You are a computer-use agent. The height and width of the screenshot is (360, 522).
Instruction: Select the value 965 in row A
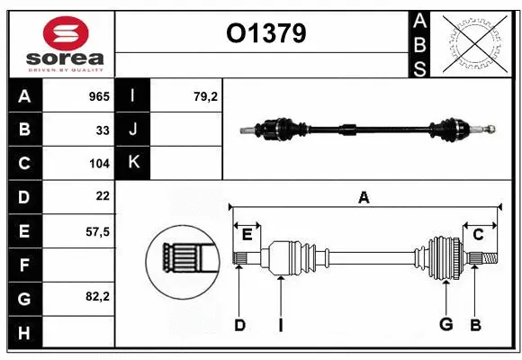[x=98, y=96]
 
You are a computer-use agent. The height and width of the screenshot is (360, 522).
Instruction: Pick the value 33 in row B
[x=103, y=130]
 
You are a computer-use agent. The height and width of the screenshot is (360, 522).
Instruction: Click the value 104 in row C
[x=99, y=164]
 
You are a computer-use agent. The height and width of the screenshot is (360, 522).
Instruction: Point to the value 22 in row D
[x=103, y=195]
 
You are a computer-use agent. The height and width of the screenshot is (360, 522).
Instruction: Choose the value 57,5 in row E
[x=97, y=230]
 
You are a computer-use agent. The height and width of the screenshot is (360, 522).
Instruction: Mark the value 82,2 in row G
[x=97, y=296]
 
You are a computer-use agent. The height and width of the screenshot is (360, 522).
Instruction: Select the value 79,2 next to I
[x=206, y=96]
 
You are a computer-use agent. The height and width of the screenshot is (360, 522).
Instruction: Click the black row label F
[x=23, y=265]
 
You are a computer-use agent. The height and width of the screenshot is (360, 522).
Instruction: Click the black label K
[x=133, y=163]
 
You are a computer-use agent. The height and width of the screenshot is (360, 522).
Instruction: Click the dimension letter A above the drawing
[x=364, y=198]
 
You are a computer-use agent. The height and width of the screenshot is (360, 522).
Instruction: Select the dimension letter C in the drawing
[x=478, y=234]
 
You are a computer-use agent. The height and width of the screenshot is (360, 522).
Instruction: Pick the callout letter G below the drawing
[x=445, y=325]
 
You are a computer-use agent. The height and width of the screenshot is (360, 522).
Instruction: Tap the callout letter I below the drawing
[x=280, y=325]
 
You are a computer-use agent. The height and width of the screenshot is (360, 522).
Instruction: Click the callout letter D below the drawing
[x=239, y=325]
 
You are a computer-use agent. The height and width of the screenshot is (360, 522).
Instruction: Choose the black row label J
[x=133, y=130]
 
